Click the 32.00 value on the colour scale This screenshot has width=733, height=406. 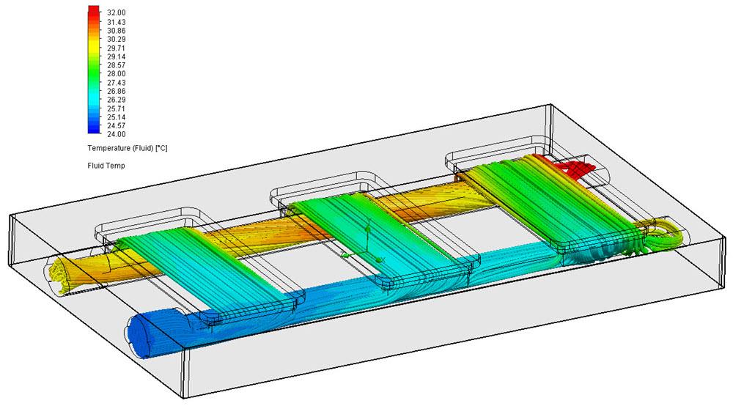tap(116, 13)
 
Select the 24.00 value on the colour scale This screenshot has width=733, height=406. tap(116, 134)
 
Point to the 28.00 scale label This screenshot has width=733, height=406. tap(116, 74)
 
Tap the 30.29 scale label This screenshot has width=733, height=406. tap(116, 40)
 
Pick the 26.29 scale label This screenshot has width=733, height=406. tap(116, 100)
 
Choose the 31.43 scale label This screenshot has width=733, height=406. tap(116, 22)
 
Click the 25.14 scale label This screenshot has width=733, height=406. tap(116, 117)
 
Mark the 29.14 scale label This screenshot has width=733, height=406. tap(116, 56)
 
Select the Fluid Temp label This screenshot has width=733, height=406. tap(103, 166)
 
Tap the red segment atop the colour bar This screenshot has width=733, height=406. tap(92, 12)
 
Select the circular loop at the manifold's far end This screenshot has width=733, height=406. tap(671, 233)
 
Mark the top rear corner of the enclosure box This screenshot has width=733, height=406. tap(549, 106)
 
